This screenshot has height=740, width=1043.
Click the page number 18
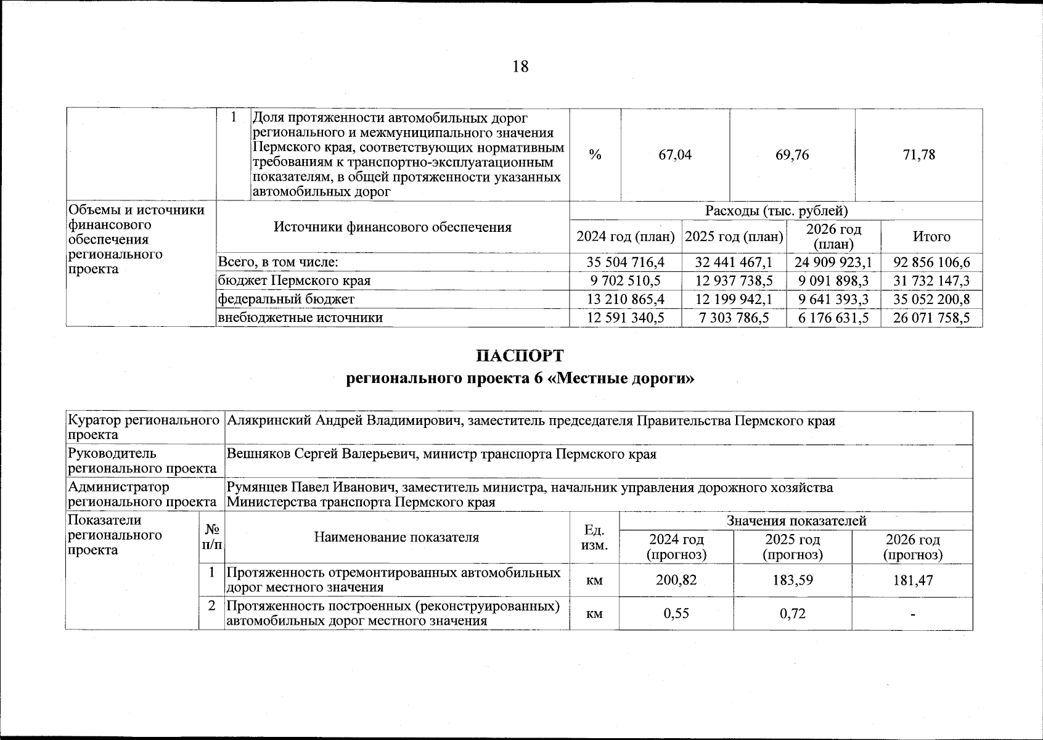click(x=520, y=67)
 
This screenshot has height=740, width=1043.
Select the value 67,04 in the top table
click(x=675, y=155)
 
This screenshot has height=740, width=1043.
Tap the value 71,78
click(x=918, y=155)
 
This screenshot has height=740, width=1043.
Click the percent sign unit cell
click(x=595, y=155)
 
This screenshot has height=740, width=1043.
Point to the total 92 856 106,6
click(x=931, y=263)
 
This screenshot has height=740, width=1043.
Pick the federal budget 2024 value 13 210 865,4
click(x=626, y=300)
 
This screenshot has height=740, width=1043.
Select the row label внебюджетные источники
click(x=300, y=318)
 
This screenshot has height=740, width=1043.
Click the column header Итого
click(x=931, y=237)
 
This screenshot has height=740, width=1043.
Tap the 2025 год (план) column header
click(x=734, y=237)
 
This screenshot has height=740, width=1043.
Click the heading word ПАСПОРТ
click(x=520, y=356)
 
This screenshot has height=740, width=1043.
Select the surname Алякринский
click(x=269, y=421)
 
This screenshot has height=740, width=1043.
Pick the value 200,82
click(x=676, y=580)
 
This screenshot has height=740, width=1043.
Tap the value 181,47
click(x=912, y=580)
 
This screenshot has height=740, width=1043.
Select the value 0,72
click(x=792, y=614)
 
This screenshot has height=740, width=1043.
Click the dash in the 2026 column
click(x=912, y=614)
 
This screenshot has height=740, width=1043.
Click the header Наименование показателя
click(x=396, y=537)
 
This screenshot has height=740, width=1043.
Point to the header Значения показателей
click(x=796, y=521)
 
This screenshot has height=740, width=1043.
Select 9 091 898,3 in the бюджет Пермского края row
click(x=833, y=281)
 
